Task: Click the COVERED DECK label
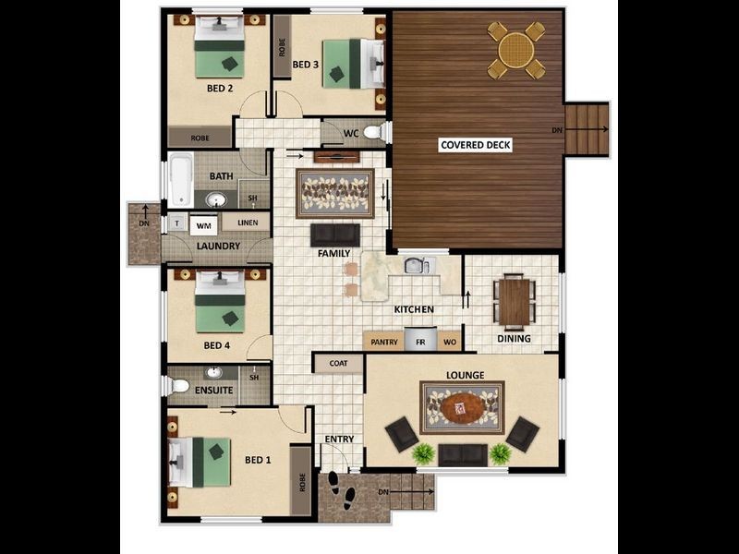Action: tap(476, 145)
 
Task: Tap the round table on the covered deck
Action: tap(516, 49)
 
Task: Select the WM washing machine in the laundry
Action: tap(203, 224)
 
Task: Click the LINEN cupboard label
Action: tap(247, 223)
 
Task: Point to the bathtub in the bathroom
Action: tap(179, 180)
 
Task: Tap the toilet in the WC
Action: tap(373, 133)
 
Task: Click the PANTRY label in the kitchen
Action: tap(384, 342)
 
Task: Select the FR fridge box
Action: tap(420, 342)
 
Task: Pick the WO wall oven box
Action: tap(450, 342)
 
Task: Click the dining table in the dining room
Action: tap(513, 301)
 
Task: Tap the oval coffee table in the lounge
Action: tap(462, 406)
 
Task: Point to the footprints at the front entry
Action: tap(340, 488)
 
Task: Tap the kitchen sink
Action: tap(416, 266)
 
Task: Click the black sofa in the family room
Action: tap(334, 235)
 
